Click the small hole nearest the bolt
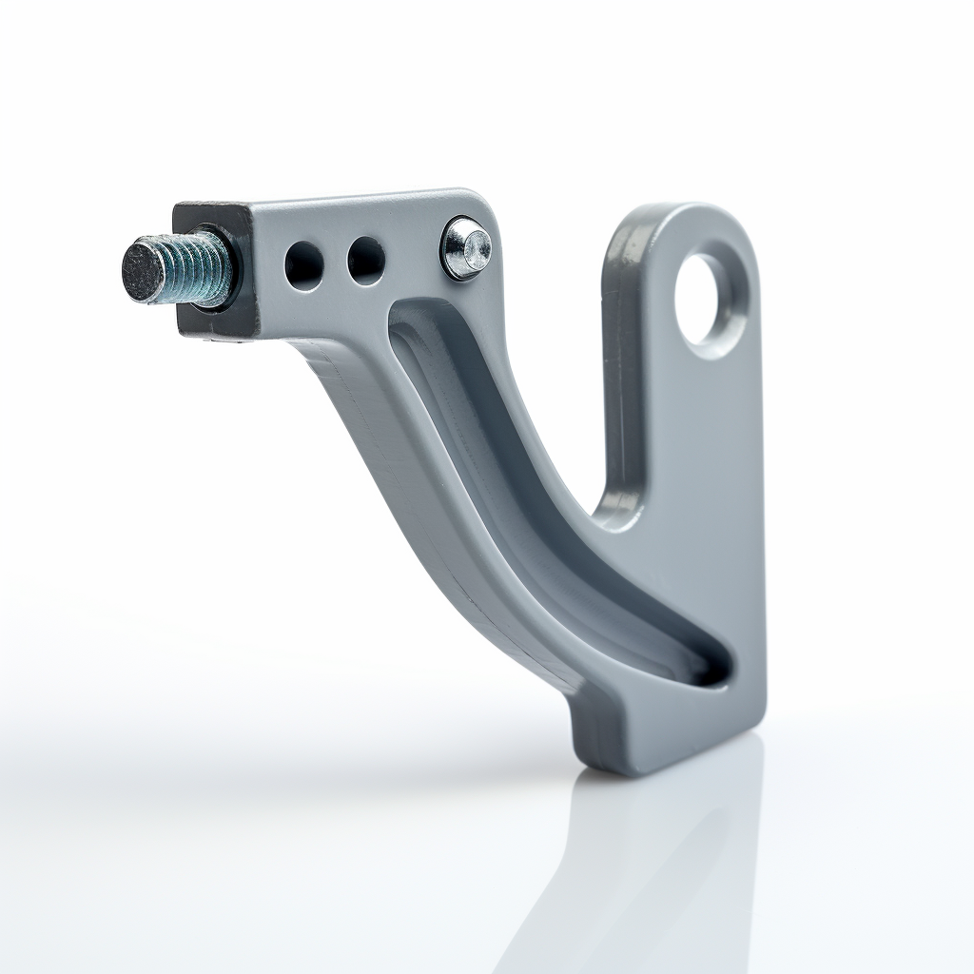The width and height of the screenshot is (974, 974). pos(303,264)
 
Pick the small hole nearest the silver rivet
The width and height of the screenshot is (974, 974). pos(366,260)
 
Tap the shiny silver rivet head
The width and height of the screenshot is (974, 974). pos(466,247)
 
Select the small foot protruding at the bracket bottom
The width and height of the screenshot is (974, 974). pos(599,742)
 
